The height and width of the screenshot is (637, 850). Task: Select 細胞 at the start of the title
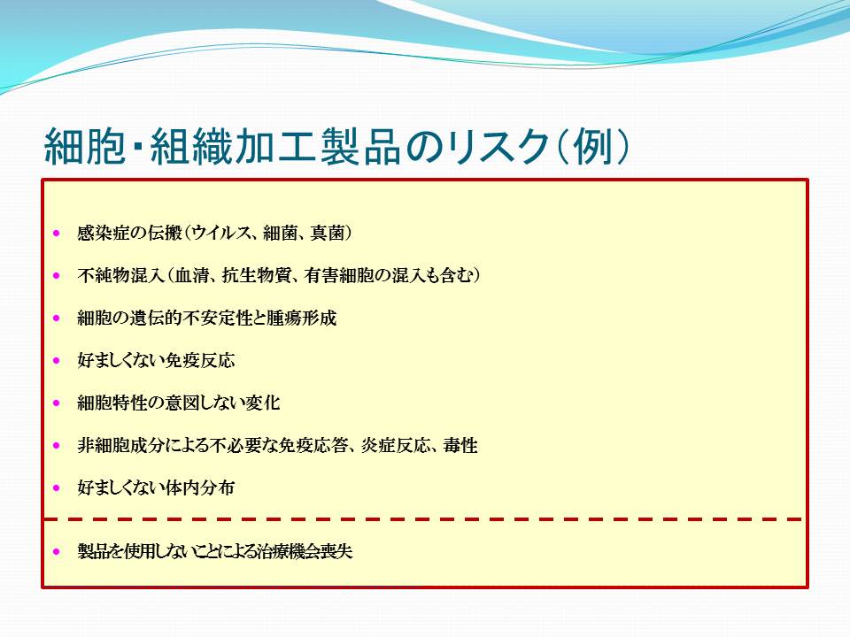[x=85, y=146]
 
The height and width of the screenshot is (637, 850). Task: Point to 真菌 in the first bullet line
[x=327, y=233]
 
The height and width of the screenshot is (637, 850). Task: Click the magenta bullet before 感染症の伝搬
[x=57, y=234]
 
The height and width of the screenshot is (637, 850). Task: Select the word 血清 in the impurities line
[x=191, y=275]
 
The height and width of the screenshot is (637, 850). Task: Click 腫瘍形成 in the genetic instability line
[x=301, y=318]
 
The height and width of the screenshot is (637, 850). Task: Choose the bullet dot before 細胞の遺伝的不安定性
[x=57, y=318]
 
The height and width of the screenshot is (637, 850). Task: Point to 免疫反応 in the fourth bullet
[x=200, y=360]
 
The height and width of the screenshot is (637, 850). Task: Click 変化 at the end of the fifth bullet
[x=263, y=403]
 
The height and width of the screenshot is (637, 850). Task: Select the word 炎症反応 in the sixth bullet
[x=395, y=445]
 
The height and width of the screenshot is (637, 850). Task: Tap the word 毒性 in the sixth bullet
[x=460, y=445]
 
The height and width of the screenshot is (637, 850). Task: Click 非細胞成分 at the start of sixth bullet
[x=120, y=445]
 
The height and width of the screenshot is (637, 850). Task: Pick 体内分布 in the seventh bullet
[x=200, y=487]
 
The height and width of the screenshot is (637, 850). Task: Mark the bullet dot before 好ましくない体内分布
[x=57, y=488]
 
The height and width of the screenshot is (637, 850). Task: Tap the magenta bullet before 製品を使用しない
[x=57, y=552]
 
